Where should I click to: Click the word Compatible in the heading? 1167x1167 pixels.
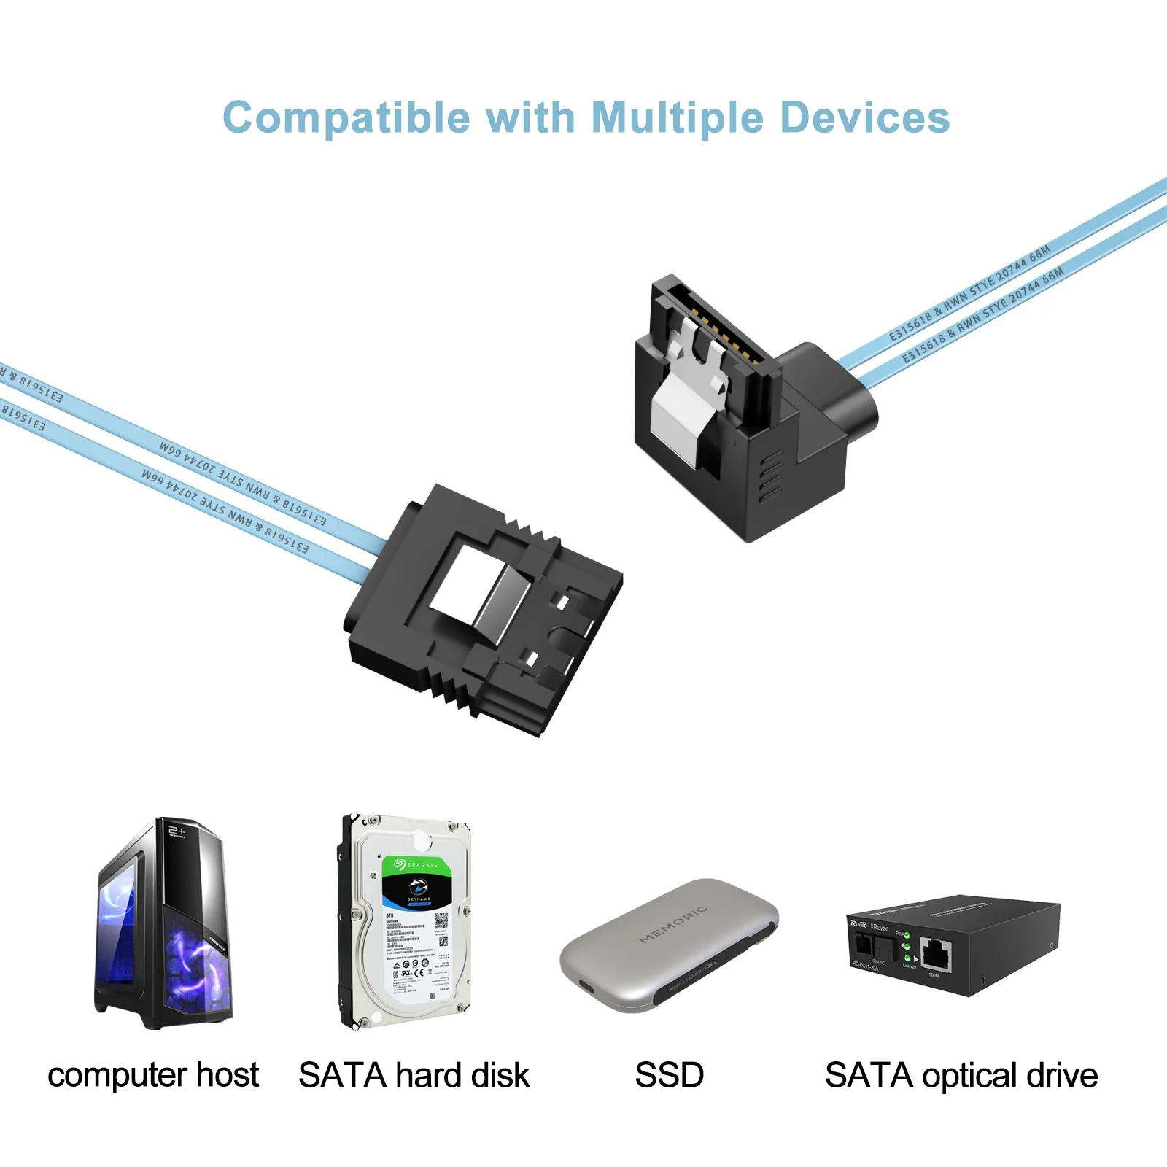346,118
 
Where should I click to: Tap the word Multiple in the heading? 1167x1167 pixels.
678,118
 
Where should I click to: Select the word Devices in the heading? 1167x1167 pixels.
865,118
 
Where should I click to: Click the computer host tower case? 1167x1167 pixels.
163,924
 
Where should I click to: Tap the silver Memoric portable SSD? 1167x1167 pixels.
668,945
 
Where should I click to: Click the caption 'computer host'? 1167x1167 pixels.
153,1075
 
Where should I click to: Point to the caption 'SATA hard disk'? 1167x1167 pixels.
414,1075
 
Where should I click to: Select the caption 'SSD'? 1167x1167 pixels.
669,1075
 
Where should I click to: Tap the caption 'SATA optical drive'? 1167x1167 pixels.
961,1075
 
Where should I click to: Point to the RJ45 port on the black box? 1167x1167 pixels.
936,955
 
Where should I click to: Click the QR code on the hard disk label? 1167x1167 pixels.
441,920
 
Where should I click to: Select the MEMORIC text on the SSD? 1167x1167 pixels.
672,924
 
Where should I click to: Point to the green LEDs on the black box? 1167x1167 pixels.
907,947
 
